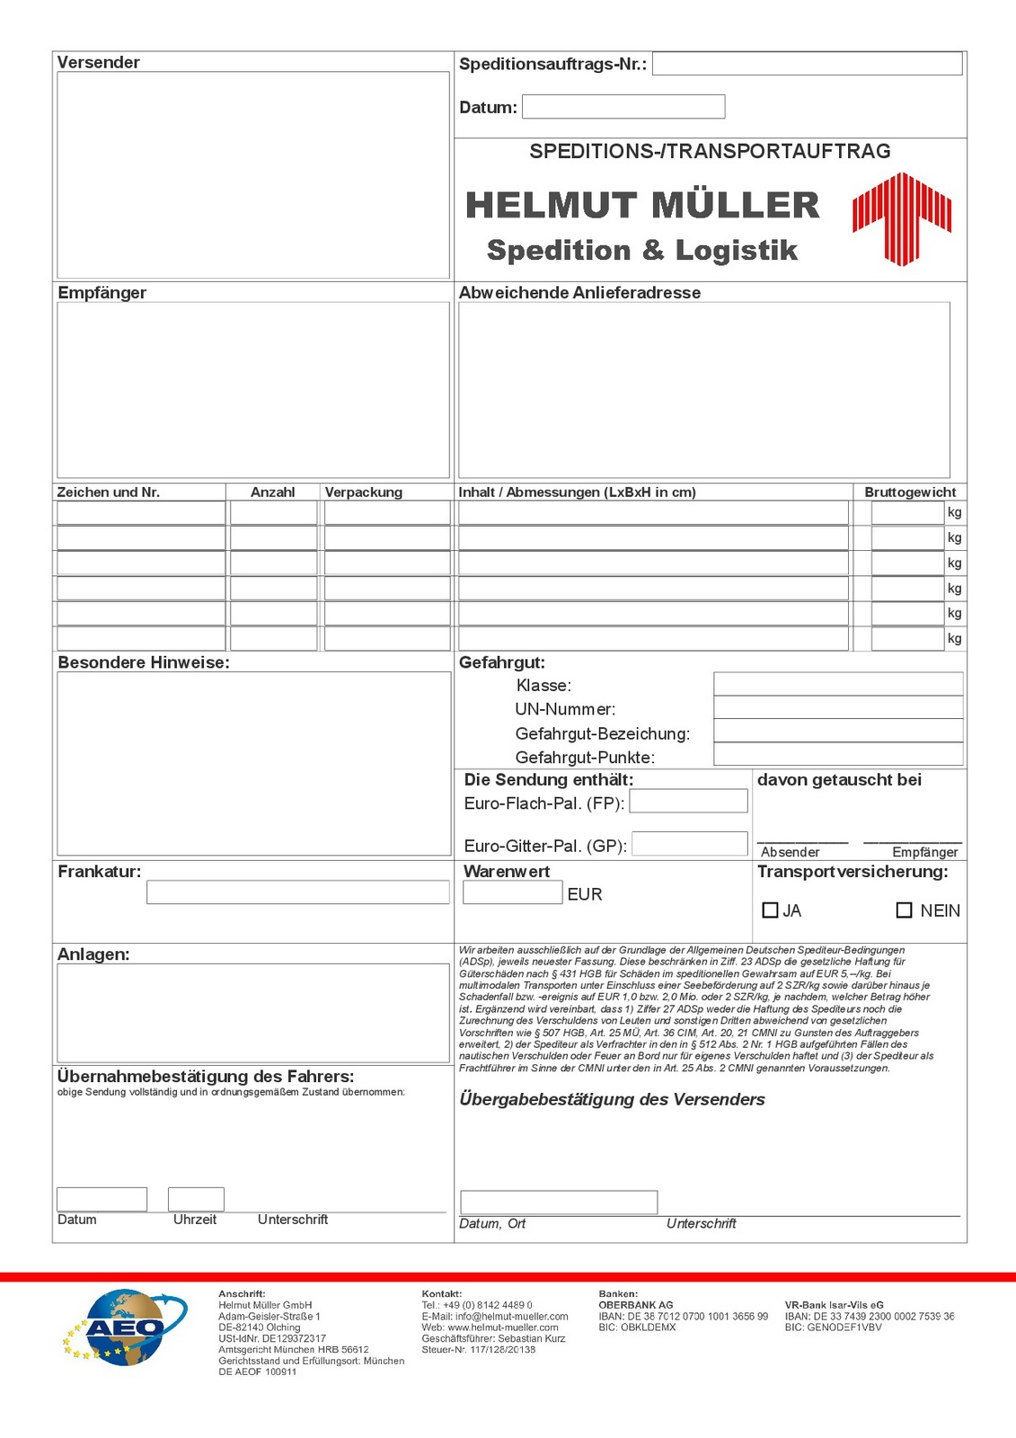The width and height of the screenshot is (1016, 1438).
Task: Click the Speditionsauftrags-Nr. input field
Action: (x=807, y=64)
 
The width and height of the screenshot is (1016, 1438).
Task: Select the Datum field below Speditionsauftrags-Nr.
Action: (x=623, y=107)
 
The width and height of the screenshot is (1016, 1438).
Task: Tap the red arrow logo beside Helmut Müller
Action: (x=901, y=218)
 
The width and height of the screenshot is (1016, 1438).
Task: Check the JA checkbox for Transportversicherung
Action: (x=770, y=910)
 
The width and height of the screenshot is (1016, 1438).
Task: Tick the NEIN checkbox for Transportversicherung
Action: (x=905, y=910)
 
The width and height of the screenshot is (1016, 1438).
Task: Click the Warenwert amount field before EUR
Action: (x=512, y=892)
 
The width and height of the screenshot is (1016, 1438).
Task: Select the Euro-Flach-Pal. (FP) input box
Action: (x=688, y=801)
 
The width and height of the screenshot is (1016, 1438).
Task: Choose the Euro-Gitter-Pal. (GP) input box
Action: (x=690, y=843)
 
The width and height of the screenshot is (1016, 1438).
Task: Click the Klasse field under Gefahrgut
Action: (x=838, y=684)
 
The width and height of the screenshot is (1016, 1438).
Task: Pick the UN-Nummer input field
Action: (x=838, y=707)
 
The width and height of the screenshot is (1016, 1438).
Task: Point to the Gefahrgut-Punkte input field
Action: (x=838, y=754)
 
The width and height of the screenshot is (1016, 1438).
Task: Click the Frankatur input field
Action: (x=297, y=892)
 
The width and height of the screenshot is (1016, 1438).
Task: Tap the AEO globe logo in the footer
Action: (x=125, y=1327)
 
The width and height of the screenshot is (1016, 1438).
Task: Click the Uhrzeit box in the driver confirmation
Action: (x=196, y=1199)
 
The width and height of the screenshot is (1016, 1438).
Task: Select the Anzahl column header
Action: (x=273, y=493)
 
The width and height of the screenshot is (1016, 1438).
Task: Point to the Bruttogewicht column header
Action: (x=910, y=493)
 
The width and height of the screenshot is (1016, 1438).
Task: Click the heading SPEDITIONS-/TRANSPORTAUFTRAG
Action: (x=710, y=151)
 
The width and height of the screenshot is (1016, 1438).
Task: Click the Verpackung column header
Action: (x=364, y=493)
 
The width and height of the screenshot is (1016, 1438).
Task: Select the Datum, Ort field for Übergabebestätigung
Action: (x=559, y=1202)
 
